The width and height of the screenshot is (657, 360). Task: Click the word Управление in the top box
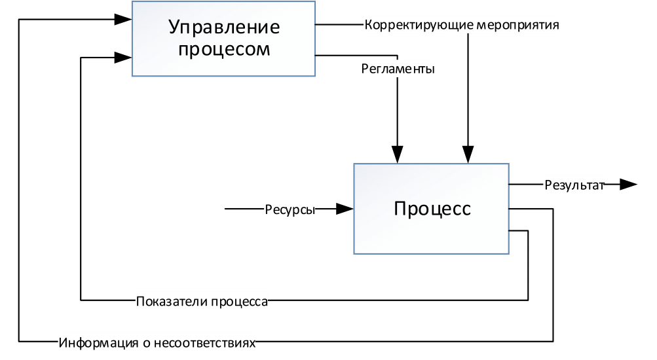point(224,27)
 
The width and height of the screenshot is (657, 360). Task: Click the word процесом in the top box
point(224,49)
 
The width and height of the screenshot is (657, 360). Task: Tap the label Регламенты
point(398,69)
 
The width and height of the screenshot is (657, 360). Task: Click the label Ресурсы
point(290,209)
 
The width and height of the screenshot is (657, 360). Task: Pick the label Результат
point(573,185)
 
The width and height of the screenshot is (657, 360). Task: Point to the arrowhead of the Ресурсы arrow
point(345,209)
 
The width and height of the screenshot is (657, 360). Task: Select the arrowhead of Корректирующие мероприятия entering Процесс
point(468,156)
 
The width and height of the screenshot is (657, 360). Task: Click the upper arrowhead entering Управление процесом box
point(123,20)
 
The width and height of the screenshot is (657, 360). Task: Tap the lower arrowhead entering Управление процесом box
point(123,58)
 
